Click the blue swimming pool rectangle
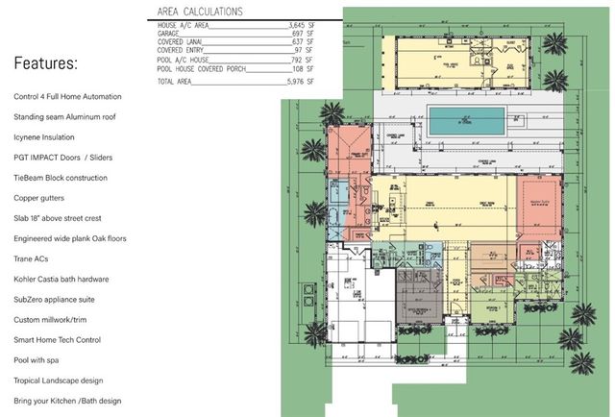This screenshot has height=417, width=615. point(466,121)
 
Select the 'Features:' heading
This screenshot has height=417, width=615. point(46,64)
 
